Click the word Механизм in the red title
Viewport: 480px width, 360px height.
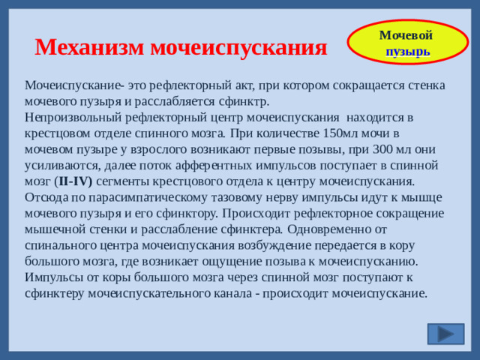click(x=90, y=47)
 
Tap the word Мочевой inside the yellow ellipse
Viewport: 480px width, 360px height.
click(x=406, y=36)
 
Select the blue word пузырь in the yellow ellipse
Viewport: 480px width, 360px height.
click(x=408, y=52)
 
